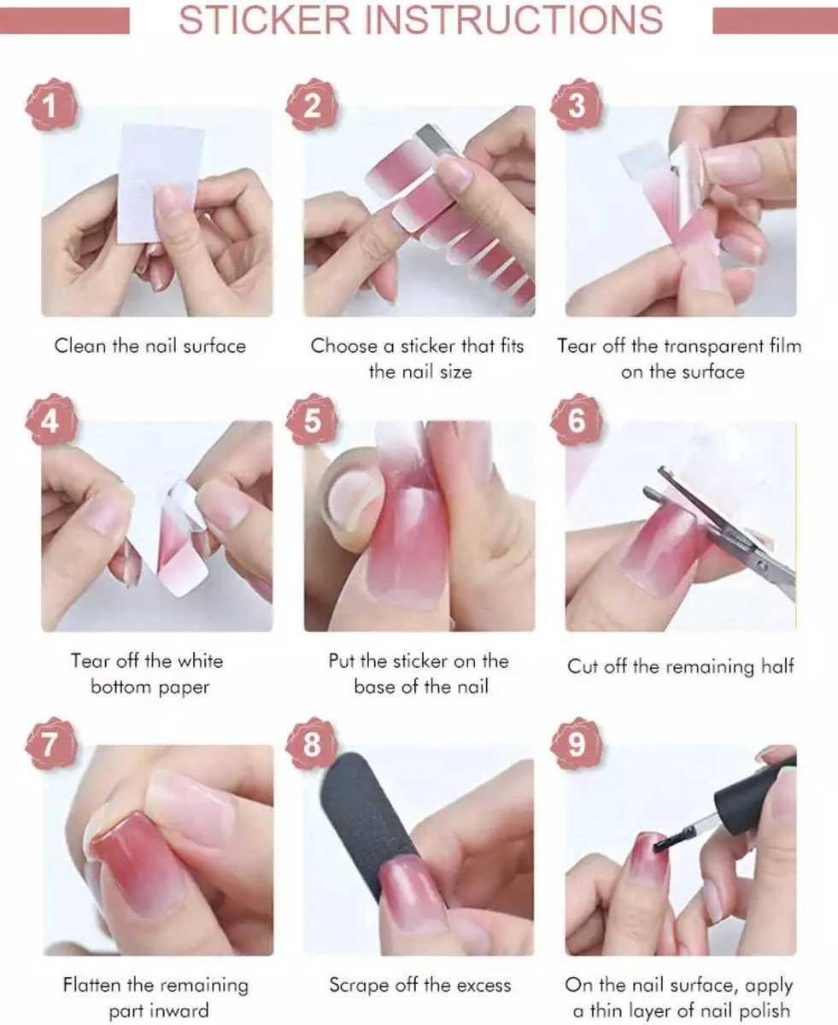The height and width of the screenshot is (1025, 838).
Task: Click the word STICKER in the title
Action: click(x=265, y=20)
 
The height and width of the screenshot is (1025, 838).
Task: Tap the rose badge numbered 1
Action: click(x=51, y=104)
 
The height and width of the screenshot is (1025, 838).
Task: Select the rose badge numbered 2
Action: click(x=312, y=104)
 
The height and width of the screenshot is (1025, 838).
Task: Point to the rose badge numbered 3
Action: click(x=576, y=104)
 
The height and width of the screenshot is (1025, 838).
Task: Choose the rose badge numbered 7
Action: click(x=51, y=744)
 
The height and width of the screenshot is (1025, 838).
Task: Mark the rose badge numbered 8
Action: click(x=312, y=744)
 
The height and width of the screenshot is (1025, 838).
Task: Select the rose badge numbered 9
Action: click(x=576, y=744)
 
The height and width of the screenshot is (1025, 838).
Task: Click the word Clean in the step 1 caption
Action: click(x=79, y=347)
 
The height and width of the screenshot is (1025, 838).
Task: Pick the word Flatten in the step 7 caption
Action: click(x=92, y=985)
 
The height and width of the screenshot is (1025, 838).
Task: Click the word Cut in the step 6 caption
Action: click(x=583, y=666)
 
